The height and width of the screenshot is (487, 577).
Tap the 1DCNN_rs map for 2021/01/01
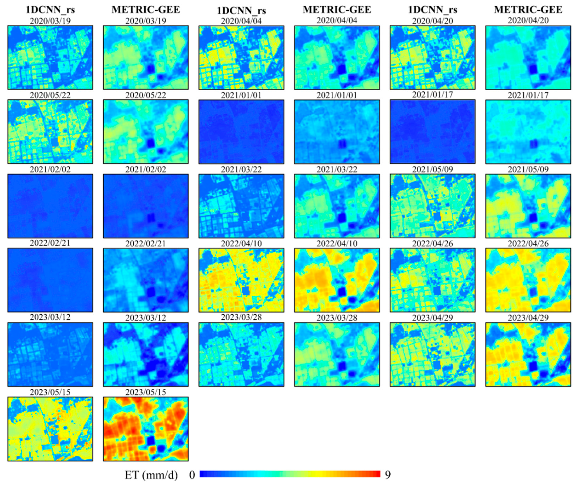[x=241, y=132]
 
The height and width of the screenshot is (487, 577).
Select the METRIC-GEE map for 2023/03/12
[x=146, y=354]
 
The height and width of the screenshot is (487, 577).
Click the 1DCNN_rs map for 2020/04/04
[x=241, y=57]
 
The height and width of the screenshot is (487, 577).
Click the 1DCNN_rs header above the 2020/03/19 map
[x=50, y=10]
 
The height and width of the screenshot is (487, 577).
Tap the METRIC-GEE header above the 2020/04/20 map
[x=528, y=10]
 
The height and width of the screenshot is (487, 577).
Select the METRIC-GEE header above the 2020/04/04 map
[x=337, y=10]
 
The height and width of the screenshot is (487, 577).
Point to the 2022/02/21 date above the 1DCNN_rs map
[x=50, y=243]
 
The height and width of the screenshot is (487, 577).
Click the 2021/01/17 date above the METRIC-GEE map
[x=528, y=95]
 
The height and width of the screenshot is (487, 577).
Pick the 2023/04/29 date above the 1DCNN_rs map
[x=432, y=318]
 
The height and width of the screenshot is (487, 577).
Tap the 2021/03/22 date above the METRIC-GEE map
[x=337, y=169]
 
